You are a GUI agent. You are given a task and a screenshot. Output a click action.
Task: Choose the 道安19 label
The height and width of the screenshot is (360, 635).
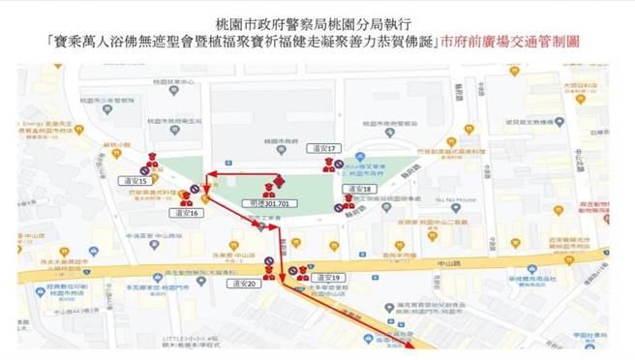click(332, 277)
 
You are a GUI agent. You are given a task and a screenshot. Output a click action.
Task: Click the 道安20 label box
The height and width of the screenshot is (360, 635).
click(244, 285)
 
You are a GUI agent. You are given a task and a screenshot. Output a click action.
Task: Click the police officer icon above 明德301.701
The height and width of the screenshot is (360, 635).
click(279, 181)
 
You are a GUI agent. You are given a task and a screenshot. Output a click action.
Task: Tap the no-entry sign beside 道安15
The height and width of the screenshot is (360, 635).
click(143, 170)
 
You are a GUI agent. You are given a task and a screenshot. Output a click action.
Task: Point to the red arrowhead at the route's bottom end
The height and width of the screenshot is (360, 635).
click(412, 345)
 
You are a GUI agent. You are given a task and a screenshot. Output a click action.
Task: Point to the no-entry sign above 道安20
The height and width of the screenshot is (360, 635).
click(270, 261)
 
